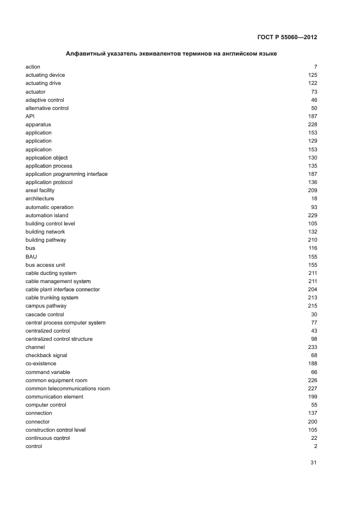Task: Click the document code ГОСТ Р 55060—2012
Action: click(286, 38)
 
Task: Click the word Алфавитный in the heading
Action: click(83, 53)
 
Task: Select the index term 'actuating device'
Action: click(45, 75)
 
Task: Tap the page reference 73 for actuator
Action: click(314, 91)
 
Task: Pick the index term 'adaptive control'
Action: click(45, 100)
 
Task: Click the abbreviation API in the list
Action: click(30, 116)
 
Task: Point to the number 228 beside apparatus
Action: click(313, 125)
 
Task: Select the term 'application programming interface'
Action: click(66, 174)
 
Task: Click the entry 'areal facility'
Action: click(40, 191)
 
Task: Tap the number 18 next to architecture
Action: click(314, 199)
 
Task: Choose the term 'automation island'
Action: click(47, 216)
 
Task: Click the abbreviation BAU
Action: click(32, 256)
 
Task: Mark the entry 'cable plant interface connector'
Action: click(63, 290)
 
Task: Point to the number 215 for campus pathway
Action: click(313, 306)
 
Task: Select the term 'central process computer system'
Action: click(65, 323)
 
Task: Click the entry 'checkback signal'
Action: click(46, 355)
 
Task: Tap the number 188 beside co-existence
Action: click(313, 364)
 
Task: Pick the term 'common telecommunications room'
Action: click(68, 389)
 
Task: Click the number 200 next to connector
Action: click(313, 422)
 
